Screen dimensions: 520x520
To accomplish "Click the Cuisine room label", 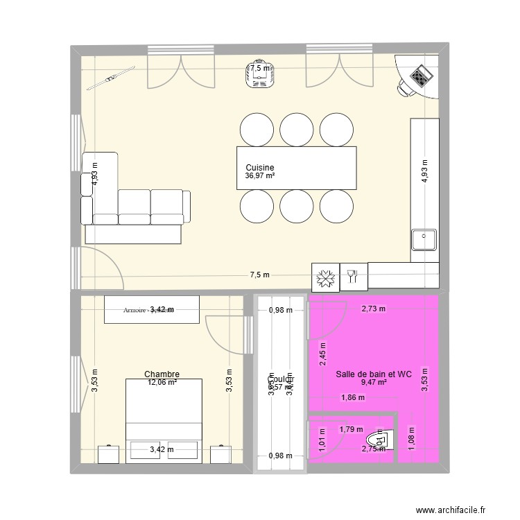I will click(260, 168).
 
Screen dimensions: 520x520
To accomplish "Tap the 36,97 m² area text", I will click(260, 176).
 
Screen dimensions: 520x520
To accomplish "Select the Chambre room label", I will click(162, 373).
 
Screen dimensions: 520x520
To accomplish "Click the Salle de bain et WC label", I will click(374, 374).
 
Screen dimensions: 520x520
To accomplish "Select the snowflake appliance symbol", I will click(326, 277).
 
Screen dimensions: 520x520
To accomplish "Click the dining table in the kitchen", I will click(297, 167).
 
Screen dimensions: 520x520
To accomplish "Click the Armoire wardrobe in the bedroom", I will click(152, 309).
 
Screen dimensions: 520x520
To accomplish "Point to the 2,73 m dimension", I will click(373, 309).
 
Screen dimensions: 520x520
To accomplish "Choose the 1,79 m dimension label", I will click(350, 429).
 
